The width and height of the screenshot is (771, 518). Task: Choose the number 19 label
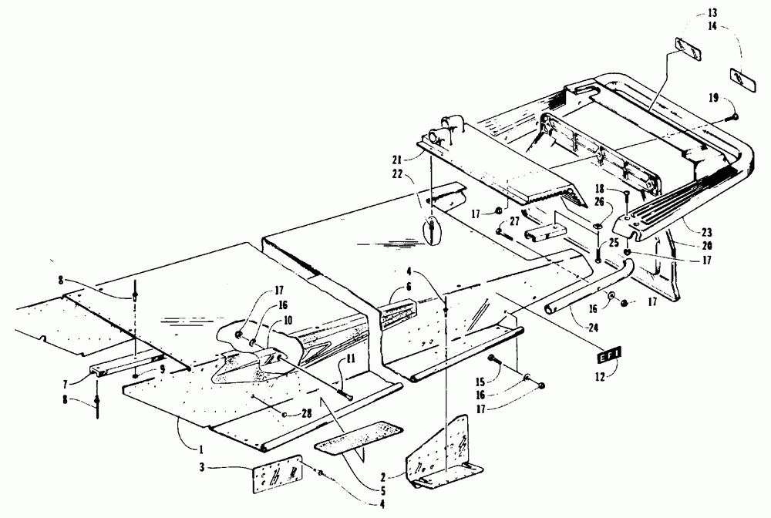710,98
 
